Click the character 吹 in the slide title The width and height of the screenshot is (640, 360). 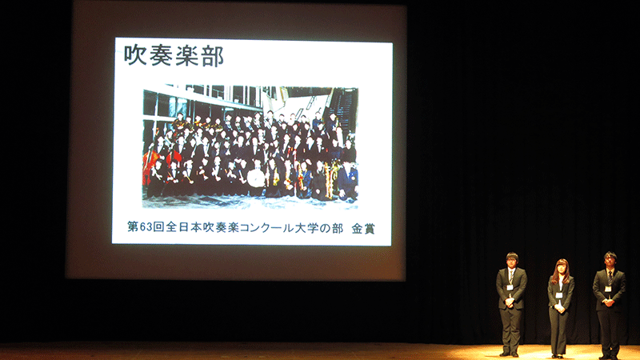[x=136, y=55]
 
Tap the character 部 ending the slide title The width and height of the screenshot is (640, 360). [x=212, y=56]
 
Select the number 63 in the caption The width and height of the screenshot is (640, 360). [x=146, y=227]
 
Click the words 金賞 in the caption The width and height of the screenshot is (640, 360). [x=363, y=229]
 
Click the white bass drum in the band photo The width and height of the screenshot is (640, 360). [x=256, y=178]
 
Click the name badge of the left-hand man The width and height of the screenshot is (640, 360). [x=510, y=287]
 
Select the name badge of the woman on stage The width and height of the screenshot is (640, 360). [x=558, y=295]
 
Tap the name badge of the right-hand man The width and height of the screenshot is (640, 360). [x=608, y=289]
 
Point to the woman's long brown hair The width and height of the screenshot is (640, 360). [x=561, y=270]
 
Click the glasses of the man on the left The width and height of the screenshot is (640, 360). [x=512, y=259]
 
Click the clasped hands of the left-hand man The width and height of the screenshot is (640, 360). [x=509, y=302]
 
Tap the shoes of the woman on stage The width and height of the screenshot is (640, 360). [x=558, y=356]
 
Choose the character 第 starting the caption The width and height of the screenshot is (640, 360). [x=133, y=227]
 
